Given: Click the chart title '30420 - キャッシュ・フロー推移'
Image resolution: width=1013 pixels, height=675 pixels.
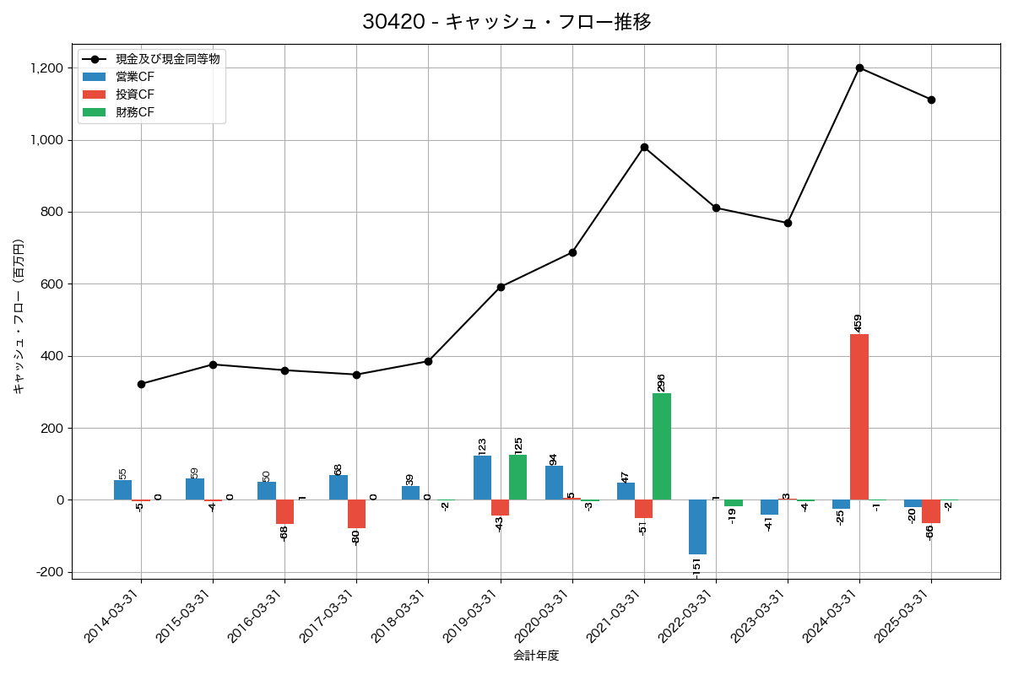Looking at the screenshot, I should coord(506,22).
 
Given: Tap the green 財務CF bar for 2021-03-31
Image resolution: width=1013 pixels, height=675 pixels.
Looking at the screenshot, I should coord(662,446).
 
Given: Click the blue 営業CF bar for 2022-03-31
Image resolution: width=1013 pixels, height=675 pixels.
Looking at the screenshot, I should coord(697,526).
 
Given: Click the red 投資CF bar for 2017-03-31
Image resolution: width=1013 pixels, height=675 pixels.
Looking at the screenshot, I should coord(356,514).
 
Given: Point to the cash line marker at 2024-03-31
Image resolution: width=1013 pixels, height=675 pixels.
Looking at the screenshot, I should coord(859,67).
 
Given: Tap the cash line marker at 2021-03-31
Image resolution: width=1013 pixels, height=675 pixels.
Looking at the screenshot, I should coord(644,147).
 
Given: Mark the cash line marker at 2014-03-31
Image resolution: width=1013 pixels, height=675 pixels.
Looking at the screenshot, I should coord(141,384).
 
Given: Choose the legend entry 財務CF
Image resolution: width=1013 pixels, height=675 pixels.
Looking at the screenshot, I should coord(135,111).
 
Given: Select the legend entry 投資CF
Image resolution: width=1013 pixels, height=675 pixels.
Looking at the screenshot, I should coord(135,94).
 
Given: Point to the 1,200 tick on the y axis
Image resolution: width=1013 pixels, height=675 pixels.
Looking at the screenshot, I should coord(47,67).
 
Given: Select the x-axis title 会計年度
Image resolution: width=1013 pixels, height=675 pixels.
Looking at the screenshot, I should coord(536,656).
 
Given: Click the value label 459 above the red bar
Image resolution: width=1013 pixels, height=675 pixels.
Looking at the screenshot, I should coord(859,323).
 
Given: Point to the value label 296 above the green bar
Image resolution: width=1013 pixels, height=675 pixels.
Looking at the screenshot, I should coord(661,382).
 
